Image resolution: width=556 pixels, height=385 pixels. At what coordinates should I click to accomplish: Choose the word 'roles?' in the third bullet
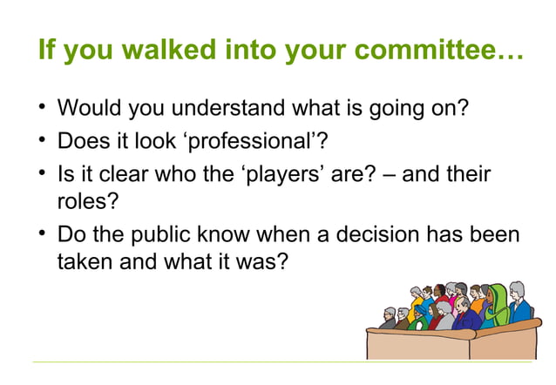pyautogui.click(x=86, y=200)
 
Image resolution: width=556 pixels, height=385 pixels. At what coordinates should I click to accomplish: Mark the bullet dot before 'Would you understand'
pyautogui.click(x=42, y=110)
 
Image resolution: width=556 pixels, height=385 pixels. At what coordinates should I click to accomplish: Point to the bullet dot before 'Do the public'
pyautogui.click(x=42, y=235)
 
